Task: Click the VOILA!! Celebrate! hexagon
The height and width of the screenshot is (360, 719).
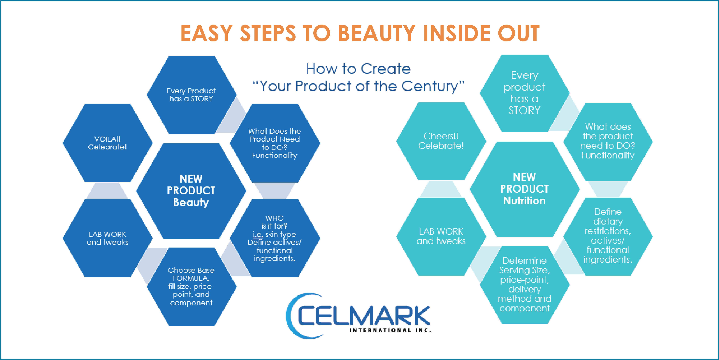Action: coord(108,143)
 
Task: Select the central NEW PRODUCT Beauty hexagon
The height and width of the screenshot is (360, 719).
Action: coord(191,191)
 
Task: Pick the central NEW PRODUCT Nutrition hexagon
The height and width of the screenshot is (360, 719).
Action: coord(525,189)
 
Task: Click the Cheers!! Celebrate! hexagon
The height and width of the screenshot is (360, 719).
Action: coord(441,141)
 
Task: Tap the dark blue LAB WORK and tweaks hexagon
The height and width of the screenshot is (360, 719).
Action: coord(108,238)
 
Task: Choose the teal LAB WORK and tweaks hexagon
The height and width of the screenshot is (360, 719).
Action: coord(441,236)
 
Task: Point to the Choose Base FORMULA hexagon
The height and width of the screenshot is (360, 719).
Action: coord(191,287)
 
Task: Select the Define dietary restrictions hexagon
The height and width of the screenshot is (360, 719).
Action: coord(608,236)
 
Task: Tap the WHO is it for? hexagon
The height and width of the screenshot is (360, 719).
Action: coord(275,238)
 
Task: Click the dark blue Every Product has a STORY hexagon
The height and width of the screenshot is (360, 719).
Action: coord(191,95)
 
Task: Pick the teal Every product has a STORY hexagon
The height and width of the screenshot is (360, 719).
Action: coord(525,93)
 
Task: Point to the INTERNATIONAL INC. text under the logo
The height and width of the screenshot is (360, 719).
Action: coord(390,330)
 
